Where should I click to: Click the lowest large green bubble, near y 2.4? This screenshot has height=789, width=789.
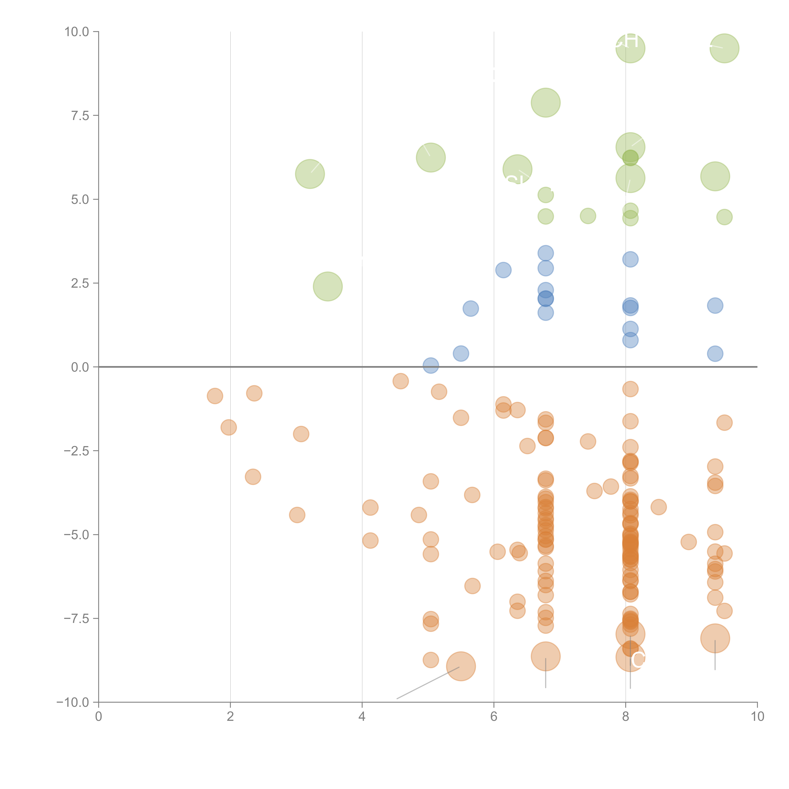click(x=328, y=286)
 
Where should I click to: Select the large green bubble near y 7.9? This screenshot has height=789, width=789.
click(x=546, y=103)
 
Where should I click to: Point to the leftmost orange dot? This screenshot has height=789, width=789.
click(x=215, y=396)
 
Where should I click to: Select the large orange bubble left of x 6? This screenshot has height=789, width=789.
click(x=461, y=667)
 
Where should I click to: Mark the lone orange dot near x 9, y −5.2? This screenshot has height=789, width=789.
click(x=688, y=542)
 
